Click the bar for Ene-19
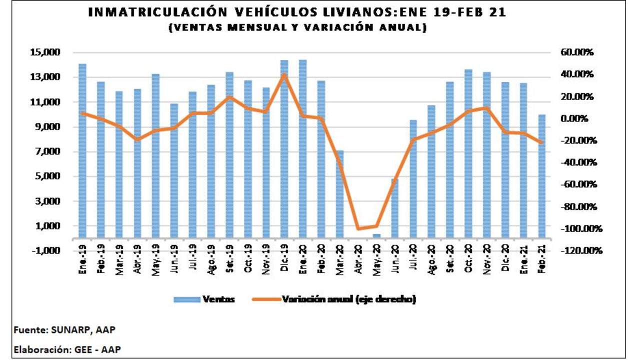click(82, 150)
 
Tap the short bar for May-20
click(376, 235)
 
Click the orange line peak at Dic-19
click(284, 74)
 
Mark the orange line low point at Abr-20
click(358, 229)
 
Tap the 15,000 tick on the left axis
click(45, 52)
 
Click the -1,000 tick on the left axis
click(45, 250)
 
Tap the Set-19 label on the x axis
click(229, 259)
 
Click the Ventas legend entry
click(204, 299)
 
